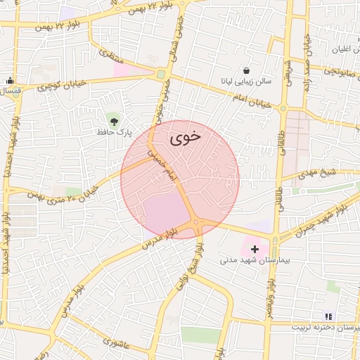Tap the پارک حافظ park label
(115, 131)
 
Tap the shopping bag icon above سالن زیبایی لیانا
(246, 70)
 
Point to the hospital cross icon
(255, 248)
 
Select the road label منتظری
(110, 54)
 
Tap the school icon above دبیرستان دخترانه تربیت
(327, 316)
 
